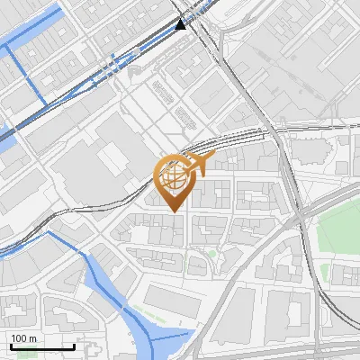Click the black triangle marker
point(181,24)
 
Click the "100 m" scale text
point(24,338)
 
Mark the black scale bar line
point(41,346)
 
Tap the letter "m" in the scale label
point(32,338)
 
